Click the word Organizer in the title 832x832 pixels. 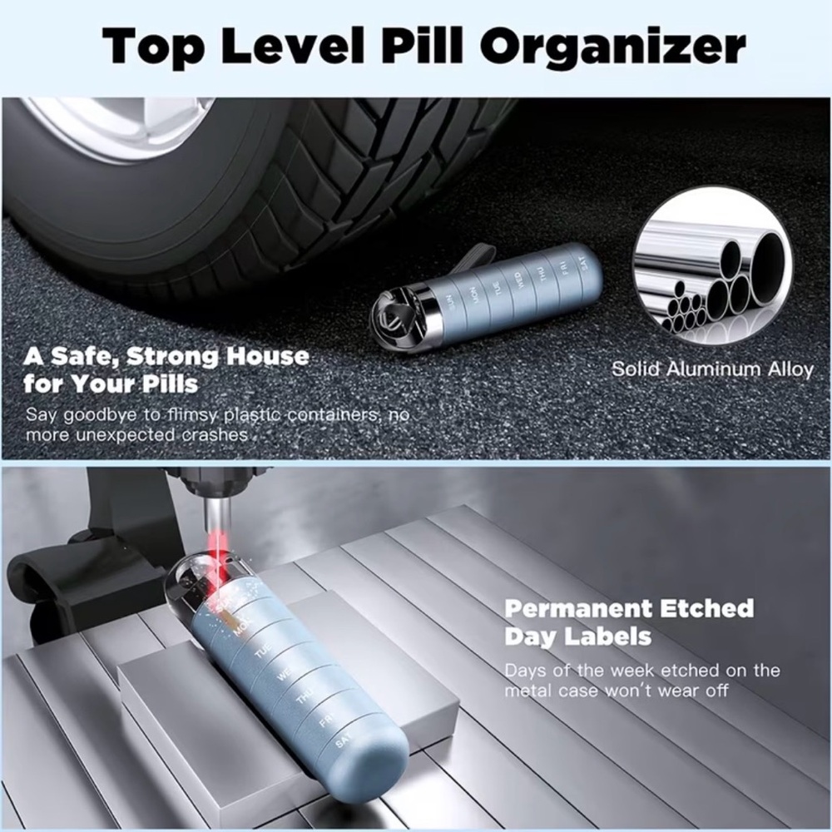(x=613, y=47)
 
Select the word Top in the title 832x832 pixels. (x=153, y=47)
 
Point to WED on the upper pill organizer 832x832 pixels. (x=518, y=280)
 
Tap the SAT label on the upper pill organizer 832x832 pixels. (x=582, y=263)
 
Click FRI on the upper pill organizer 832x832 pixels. (x=563, y=268)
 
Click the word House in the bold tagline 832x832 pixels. (x=267, y=355)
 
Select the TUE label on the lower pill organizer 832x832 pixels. (x=263, y=651)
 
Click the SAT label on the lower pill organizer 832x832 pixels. (x=343, y=741)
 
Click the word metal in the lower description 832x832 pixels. (x=528, y=691)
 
